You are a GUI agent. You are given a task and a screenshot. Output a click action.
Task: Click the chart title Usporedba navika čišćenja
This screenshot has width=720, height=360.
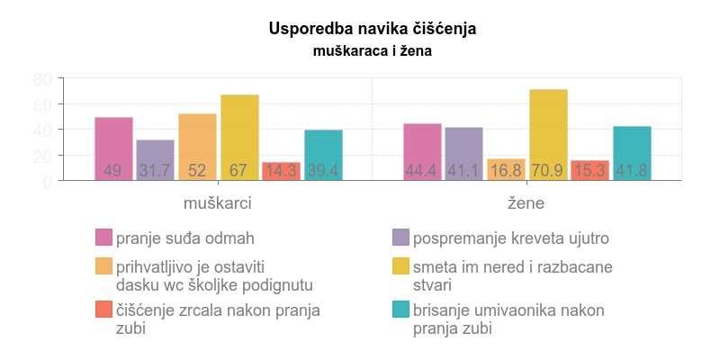tap(372, 29)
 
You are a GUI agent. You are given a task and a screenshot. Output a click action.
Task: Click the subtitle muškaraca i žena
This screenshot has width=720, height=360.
tap(372, 51)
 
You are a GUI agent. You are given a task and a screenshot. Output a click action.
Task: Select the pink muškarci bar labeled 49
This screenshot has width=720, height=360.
tap(113, 148)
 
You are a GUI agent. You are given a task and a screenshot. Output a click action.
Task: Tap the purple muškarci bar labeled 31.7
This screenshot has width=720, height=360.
tap(155, 160)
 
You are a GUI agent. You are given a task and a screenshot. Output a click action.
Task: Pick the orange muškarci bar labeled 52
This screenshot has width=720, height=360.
tap(197, 147)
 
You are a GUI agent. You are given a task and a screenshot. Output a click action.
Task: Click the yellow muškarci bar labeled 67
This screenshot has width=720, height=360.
tap(239, 137)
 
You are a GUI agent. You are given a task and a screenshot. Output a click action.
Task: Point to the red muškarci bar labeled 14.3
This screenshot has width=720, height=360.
tap(281, 171)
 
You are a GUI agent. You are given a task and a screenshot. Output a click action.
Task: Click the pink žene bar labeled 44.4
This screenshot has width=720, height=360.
tap(422, 151)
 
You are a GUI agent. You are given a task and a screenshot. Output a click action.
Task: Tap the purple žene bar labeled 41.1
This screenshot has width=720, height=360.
tap(463, 154)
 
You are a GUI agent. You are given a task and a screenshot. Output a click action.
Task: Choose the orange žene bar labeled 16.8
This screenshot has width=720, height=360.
tap(506, 169)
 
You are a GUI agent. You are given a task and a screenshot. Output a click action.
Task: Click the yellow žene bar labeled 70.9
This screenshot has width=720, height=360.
tap(548, 135)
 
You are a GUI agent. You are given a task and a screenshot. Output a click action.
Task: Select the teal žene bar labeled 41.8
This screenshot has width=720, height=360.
tap(632, 153)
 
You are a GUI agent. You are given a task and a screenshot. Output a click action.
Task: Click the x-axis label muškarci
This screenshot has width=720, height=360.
tap(217, 203)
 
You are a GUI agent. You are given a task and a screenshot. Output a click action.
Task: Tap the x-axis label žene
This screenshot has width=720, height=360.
tap(526, 203)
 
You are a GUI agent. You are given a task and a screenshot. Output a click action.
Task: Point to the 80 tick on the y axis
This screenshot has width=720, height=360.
tap(42, 79)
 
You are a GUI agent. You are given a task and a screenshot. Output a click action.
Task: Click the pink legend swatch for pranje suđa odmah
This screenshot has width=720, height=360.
tap(104, 238)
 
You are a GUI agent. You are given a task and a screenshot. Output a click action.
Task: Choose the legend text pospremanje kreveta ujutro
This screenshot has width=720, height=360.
tap(511, 238)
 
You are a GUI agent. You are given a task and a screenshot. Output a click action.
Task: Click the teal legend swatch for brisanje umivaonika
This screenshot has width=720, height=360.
tap(401, 310)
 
